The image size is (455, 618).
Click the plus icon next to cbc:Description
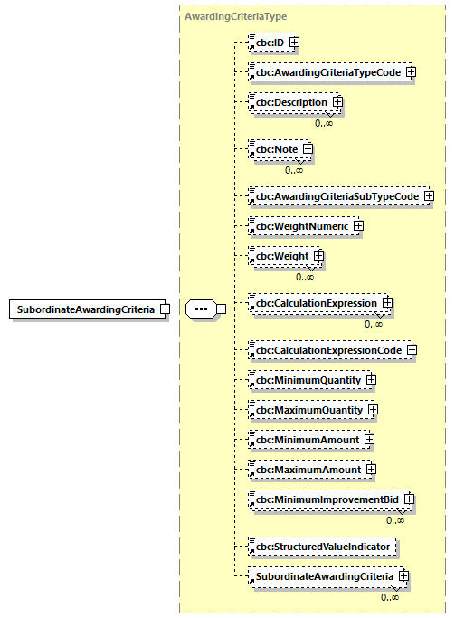tap(337, 103)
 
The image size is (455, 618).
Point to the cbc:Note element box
tap(276, 149)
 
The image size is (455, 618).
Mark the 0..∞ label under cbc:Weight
tap(305, 277)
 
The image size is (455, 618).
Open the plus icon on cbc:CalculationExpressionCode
tap(410, 349)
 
